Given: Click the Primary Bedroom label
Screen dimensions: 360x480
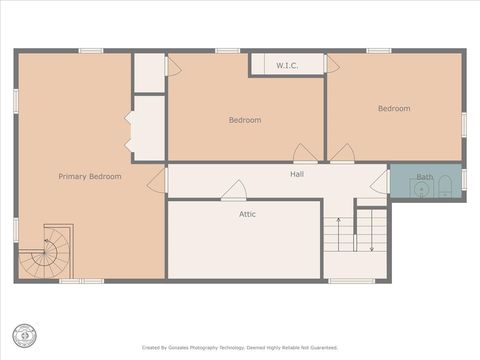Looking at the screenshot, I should [x=89, y=177].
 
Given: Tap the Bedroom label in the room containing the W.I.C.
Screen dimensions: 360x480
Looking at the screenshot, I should [x=244, y=120].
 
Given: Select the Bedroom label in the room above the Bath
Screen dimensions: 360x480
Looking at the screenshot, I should [x=393, y=109].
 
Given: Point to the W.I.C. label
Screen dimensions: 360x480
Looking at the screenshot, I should [x=287, y=66].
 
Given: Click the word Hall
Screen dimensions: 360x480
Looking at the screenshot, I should [x=297, y=174].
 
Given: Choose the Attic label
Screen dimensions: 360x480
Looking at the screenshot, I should [x=247, y=214].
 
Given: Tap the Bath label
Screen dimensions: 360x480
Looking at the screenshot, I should [x=425, y=177].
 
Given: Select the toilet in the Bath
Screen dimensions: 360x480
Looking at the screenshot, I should [x=445, y=187].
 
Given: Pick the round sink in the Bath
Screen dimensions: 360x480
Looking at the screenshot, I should [x=422, y=189].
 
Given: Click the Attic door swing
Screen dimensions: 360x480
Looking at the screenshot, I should [x=234, y=190].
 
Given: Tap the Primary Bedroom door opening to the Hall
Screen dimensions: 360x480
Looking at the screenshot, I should [x=157, y=181].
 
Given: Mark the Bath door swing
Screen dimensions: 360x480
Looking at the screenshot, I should [x=380, y=182].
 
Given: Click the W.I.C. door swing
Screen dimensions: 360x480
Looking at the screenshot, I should [x=332, y=65].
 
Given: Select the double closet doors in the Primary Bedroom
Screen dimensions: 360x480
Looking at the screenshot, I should [x=129, y=131].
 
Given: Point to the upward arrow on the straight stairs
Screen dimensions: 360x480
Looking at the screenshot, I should [x=338, y=231].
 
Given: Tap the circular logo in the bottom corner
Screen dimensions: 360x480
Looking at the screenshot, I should [x=24, y=335].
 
